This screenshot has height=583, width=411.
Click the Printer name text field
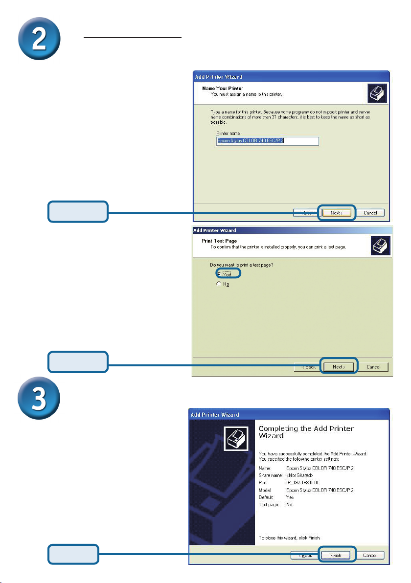(x=267, y=141)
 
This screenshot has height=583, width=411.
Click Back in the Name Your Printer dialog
(x=304, y=213)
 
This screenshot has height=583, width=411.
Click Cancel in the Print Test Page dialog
(x=373, y=367)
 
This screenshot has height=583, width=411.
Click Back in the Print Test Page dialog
(x=307, y=367)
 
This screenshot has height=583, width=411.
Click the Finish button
(x=336, y=555)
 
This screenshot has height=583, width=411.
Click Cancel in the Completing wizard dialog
(x=370, y=555)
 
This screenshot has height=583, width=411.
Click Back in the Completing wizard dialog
(x=303, y=555)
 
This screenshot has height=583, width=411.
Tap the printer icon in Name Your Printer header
(x=376, y=92)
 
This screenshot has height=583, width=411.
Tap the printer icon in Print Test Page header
(x=380, y=246)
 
